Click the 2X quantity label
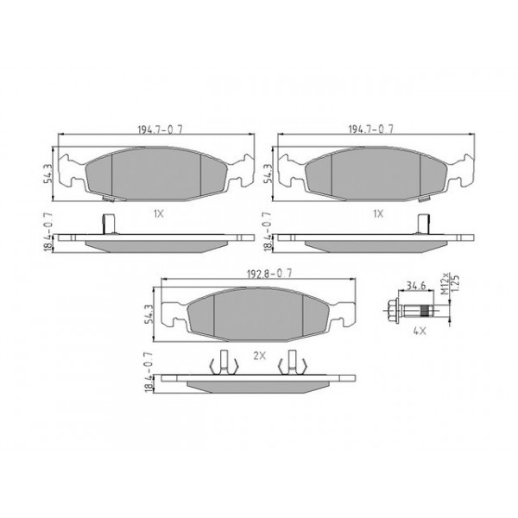pos(257,355)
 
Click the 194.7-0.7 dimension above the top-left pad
pos(156,129)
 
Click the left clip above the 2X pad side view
pos(222,363)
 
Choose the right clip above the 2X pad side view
pos(294,363)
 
